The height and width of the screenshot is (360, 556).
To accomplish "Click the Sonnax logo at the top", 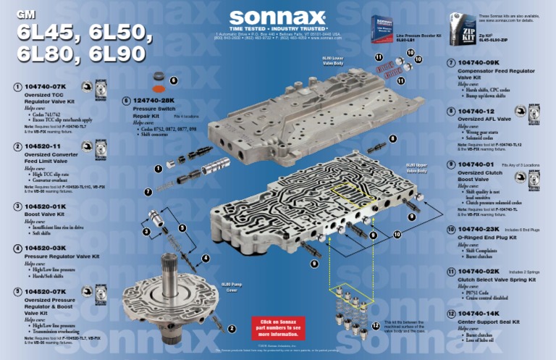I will [x=278, y=18].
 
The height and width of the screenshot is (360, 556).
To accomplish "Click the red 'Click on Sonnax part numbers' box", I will [x=274, y=327].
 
